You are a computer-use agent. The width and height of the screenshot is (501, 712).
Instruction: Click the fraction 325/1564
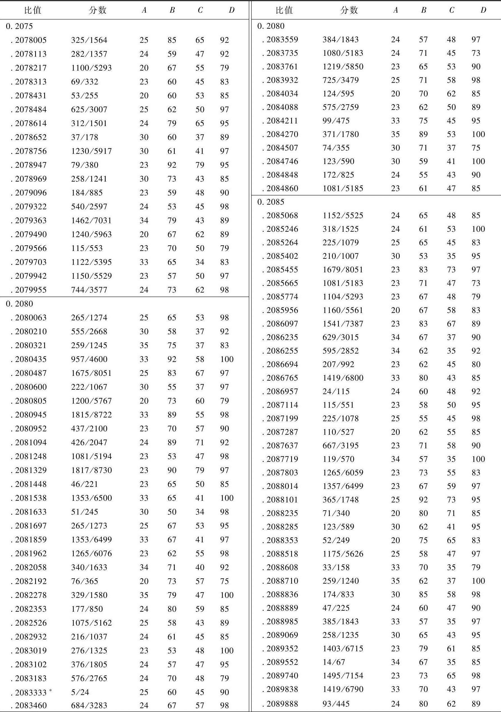89,40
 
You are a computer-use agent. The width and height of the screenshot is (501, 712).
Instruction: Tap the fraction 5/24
80,692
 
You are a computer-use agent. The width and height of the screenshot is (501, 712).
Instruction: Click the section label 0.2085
271,202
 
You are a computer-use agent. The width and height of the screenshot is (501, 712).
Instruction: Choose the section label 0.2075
19,26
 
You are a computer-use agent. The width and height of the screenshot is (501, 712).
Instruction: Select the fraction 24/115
336,391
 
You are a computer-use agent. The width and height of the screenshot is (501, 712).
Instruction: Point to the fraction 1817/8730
91,470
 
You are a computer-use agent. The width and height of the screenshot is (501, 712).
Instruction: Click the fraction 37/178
84,137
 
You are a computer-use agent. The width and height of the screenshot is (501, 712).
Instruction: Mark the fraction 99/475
336,121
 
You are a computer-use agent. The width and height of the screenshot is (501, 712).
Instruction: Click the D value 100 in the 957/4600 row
227,359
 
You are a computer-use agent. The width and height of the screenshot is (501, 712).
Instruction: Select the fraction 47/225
336,608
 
